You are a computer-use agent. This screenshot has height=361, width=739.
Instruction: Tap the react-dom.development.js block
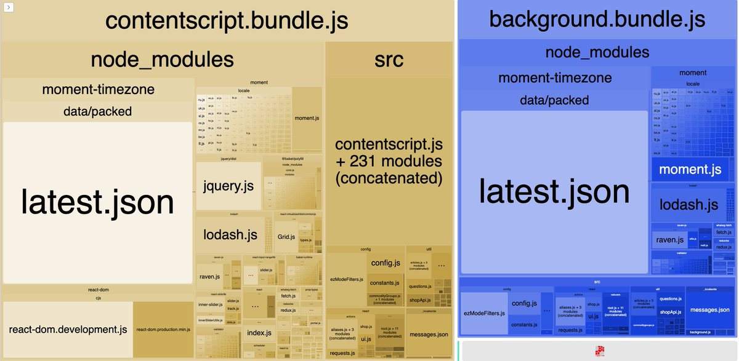click(68, 330)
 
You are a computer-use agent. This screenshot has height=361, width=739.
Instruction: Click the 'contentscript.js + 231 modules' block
click(389, 162)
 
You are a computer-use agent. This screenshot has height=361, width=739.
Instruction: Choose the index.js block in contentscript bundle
click(259, 333)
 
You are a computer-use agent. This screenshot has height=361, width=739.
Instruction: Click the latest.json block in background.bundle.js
click(554, 191)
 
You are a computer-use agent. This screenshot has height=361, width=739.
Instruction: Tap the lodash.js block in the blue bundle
click(689, 204)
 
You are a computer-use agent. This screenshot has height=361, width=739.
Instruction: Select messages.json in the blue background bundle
click(711, 309)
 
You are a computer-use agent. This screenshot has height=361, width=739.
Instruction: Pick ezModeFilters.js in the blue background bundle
click(484, 314)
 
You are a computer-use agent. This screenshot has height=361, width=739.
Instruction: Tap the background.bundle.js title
click(596, 19)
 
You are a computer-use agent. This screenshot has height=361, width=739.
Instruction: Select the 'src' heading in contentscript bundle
click(389, 59)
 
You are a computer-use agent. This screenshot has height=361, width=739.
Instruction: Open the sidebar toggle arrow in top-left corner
click(7, 7)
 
